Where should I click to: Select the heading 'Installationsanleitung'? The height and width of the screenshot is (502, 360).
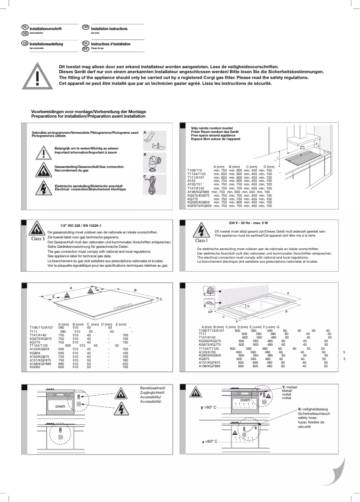(46, 44)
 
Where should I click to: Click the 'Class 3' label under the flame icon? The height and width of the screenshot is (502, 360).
(38, 239)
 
